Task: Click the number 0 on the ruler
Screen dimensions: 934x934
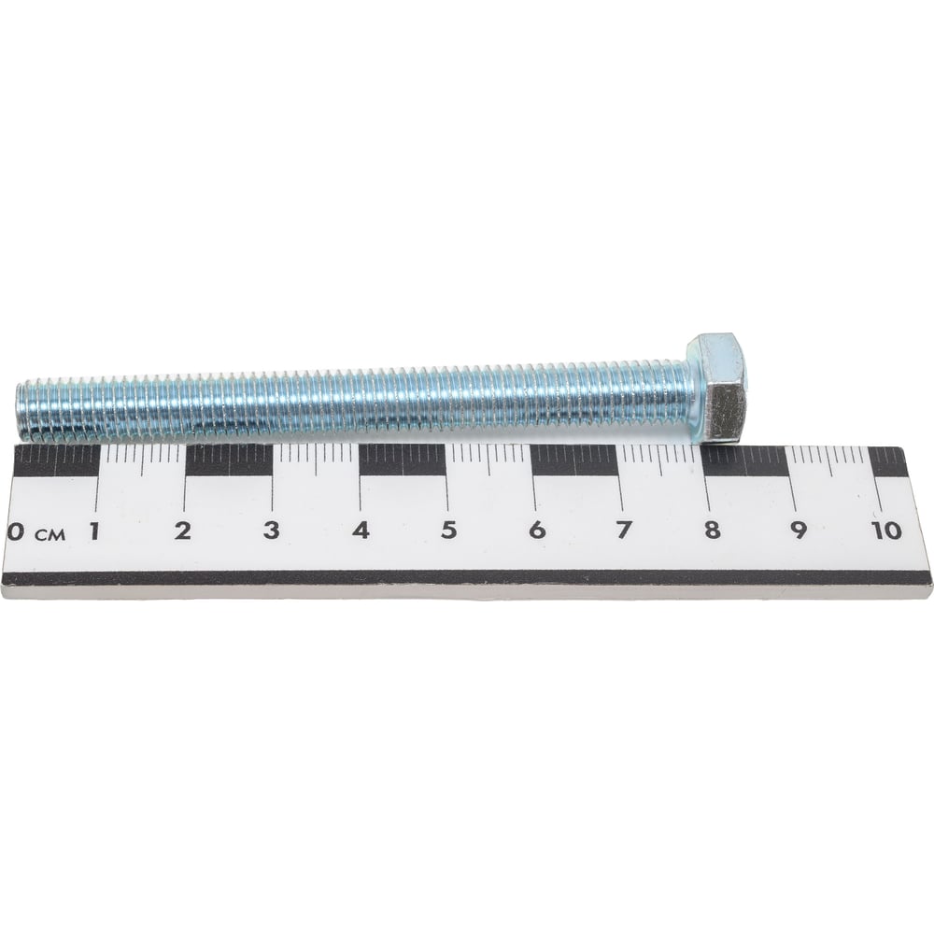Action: click(x=14, y=532)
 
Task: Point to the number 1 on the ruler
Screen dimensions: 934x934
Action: click(x=93, y=531)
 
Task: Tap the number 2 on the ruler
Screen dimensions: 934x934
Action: click(x=182, y=531)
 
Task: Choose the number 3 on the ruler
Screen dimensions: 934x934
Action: click(x=271, y=531)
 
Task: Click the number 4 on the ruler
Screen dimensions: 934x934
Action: click(x=360, y=531)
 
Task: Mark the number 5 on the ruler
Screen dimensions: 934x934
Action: click(x=448, y=530)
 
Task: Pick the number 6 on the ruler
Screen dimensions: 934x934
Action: click(x=537, y=530)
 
